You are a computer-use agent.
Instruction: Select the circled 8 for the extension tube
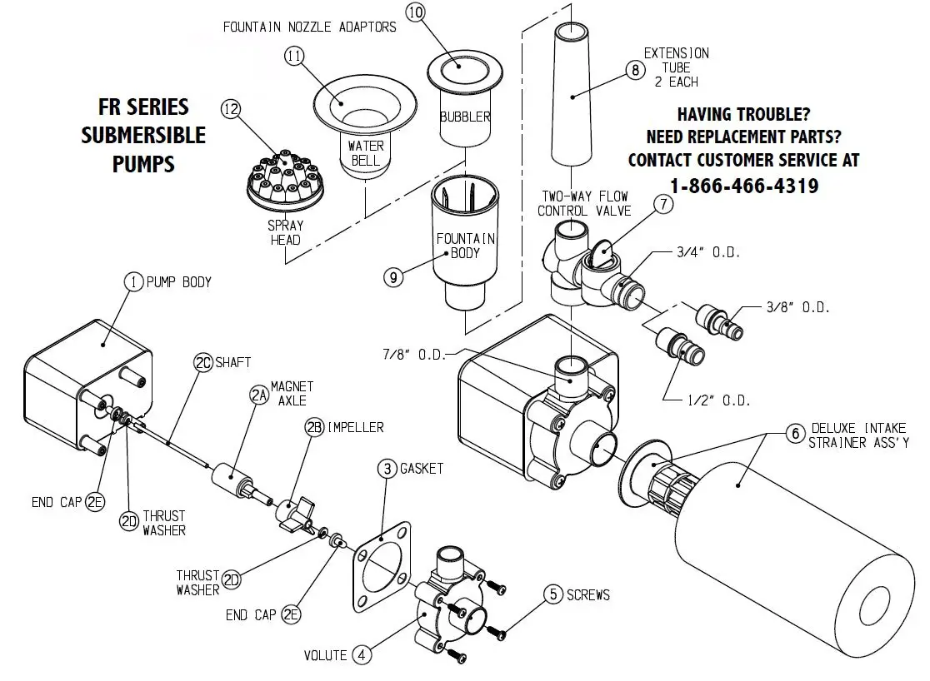tap(636, 71)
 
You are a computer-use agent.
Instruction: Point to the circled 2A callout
tap(258, 396)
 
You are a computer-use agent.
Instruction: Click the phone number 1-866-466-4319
tap(744, 186)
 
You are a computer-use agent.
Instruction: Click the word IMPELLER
tap(355, 428)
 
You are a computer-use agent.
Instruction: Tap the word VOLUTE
tap(325, 655)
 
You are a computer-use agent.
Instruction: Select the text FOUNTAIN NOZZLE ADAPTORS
tap(309, 27)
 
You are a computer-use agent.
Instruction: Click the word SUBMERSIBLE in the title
tap(143, 134)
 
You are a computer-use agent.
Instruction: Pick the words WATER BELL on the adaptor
tap(365, 152)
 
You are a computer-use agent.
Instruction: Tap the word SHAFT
tap(233, 362)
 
